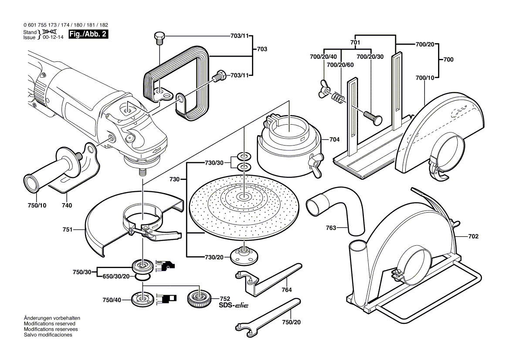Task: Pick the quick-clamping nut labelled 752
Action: pos(199,299)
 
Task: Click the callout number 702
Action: pos(473,237)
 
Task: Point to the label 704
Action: pos(334,139)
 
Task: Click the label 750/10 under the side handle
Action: pos(37,205)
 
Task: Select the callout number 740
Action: pos(67,205)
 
